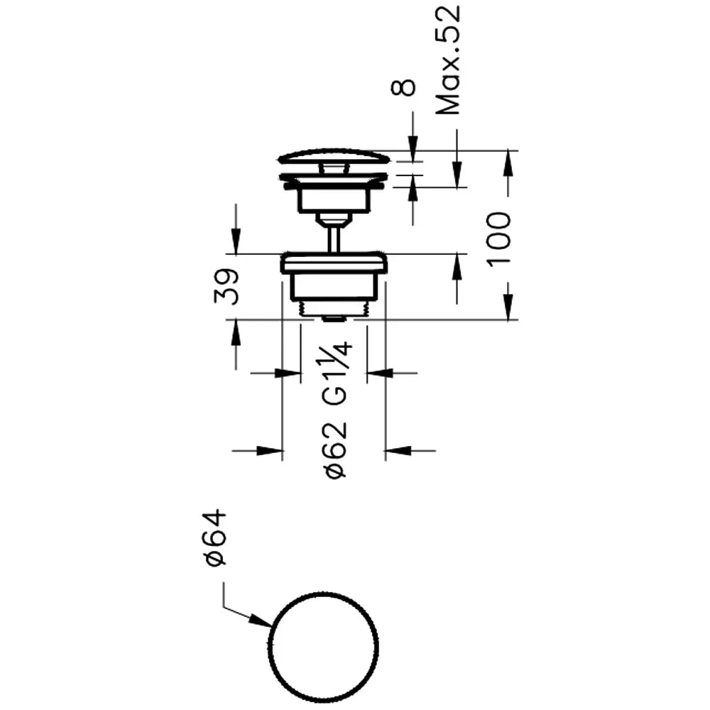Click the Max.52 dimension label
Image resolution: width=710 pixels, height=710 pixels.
coord(448,60)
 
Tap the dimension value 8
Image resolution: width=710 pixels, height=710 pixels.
coord(403,87)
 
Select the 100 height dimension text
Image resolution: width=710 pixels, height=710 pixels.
coord(499,239)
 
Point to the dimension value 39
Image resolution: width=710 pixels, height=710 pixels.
coord(227,287)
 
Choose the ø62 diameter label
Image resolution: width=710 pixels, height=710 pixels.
coord(336,450)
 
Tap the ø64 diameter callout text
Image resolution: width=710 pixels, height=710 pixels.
coord(214,537)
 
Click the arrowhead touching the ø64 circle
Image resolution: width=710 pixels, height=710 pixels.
coord(261,621)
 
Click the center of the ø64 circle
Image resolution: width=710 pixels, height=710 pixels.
coord(323,647)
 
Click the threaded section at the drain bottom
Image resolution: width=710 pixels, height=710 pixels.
coord(334,308)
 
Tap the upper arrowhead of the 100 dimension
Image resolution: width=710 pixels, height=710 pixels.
coord(508,162)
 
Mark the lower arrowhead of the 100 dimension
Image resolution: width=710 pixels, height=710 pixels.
coord(508,307)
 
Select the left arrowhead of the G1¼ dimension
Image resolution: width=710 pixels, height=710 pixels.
coord(288,373)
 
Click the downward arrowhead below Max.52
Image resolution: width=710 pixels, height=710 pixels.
coord(457,175)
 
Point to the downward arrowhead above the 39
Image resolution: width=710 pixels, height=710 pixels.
coord(236,241)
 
